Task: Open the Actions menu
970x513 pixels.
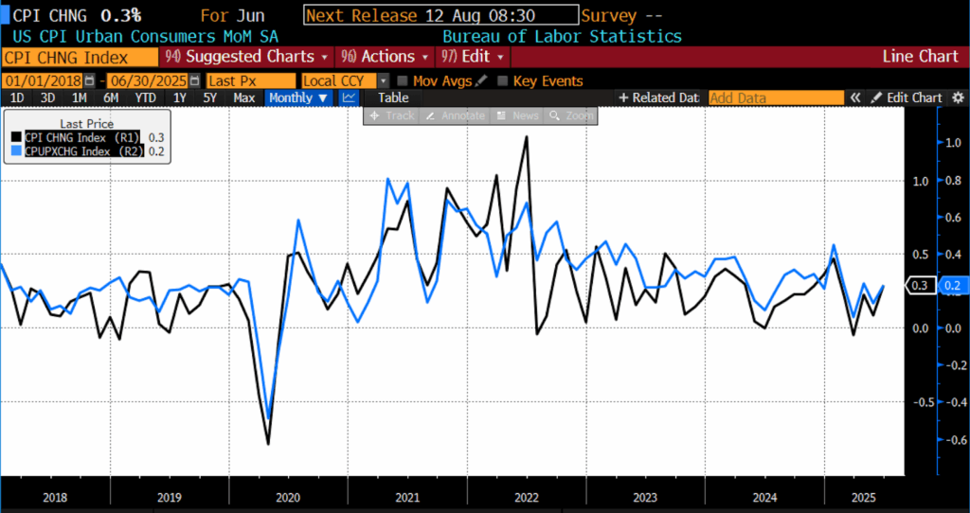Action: pyautogui.click(x=381, y=57)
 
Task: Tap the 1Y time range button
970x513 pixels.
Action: pyautogui.click(x=179, y=97)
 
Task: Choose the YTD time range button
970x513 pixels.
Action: pyautogui.click(x=145, y=97)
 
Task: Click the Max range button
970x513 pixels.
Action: pyautogui.click(x=243, y=97)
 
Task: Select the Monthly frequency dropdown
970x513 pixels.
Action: pyautogui.click(x=298, y=97)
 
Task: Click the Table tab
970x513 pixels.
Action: pyautogui.click(x=393, y=97)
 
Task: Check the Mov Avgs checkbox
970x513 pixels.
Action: pyautogui.click(x=404, y=81)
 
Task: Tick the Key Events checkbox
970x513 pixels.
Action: pyautogui.click(x=503, y=81)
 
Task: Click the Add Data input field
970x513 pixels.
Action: pyautogui.click(x=775, y=97)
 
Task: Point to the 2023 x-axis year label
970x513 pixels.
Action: pyautogui.click(x=645, y=497)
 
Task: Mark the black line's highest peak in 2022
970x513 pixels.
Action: pyautogui.click(x=526, y=137)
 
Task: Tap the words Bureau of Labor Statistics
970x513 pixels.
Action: pyautogui.click(x=562, y=36)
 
